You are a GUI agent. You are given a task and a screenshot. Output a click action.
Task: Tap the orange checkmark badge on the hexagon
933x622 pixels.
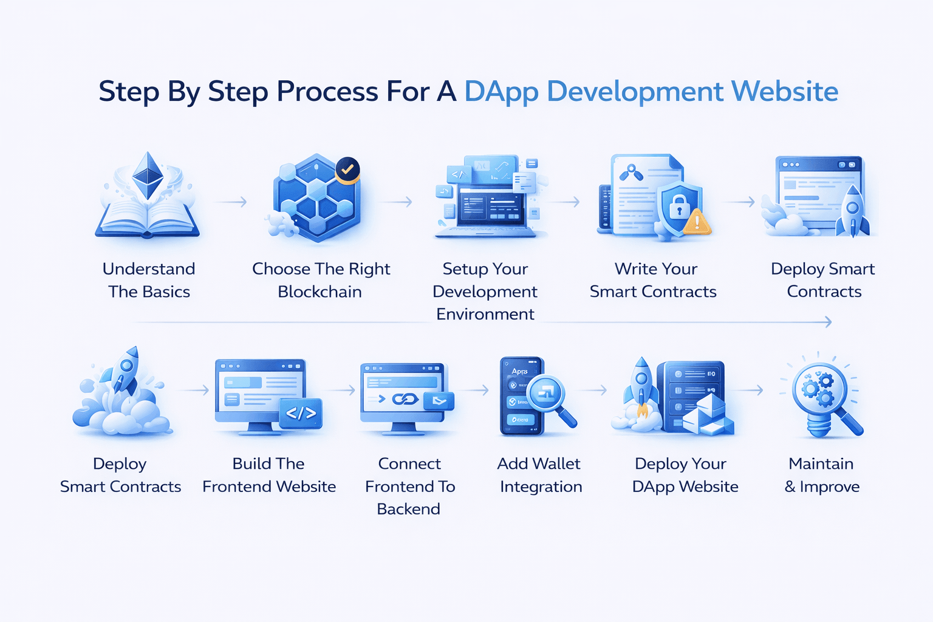pyautogui.click(x=347, y=170)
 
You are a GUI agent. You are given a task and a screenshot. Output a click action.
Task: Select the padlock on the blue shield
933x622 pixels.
pyautogui.click(x=679, y=207)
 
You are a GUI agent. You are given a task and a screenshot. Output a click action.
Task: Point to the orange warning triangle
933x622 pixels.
pyautogui.click(x=697, y=222)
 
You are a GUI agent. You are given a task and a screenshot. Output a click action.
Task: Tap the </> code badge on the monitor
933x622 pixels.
pyautogui.click(x=301, y=414)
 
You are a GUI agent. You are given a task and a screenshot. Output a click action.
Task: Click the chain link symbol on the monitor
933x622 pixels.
pyautogui.click(x=405, y=399)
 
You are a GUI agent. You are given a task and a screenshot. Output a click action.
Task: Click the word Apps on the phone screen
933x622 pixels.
pyautogui.click(x=519, y=371)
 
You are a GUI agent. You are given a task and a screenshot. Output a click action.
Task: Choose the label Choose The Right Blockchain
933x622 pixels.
pyautogui.click(x=321, y=280)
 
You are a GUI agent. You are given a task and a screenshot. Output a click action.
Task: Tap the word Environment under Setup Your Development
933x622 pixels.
pyautogui.click(x=485, y=314)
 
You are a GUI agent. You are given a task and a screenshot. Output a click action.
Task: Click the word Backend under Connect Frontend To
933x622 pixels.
pyautogui.click(x=408, y=509)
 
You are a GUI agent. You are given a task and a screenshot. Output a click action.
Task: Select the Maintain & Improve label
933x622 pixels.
pyautogui.click(x=821, y=475)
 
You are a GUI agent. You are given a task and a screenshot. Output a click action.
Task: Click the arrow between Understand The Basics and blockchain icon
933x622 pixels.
pyautogui.click(x=232, y=202)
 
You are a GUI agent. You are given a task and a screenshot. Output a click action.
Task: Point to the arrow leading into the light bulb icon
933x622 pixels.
pyautogui.click(x=751, y=390)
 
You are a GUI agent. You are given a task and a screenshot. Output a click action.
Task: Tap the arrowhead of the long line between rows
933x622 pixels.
pyautogui.click(x=829, y=322)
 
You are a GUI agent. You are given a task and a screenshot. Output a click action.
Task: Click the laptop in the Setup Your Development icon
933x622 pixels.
pyautogui.click(x=489, y=210)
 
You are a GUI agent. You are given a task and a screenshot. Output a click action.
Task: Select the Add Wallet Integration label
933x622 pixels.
pyautogui.click(x=539, y=475)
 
